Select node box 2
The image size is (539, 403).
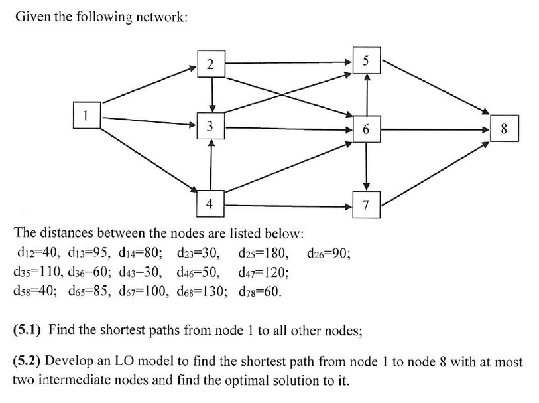coord(210,64)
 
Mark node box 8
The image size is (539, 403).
coord(504,129)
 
